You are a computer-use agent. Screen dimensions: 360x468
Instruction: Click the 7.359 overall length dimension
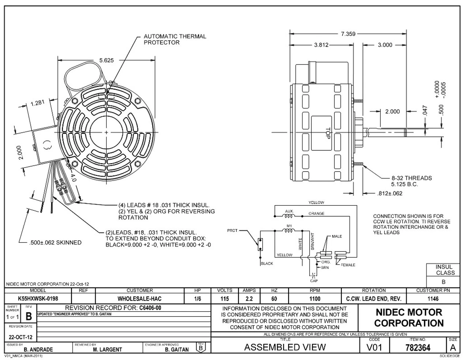coord(348,34)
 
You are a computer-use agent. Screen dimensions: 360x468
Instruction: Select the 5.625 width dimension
coord(106,61)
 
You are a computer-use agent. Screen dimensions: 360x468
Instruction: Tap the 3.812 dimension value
coord(321,45)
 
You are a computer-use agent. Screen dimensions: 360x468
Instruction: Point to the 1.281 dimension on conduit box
coord(37,103)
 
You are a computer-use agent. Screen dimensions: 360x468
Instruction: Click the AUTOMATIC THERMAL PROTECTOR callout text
coord(175,40)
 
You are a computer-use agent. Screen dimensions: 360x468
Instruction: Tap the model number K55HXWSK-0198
coord(38,299)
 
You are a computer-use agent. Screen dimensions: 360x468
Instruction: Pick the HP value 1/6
coord(198,299)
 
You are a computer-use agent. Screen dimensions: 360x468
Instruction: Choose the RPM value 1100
coord(314,299)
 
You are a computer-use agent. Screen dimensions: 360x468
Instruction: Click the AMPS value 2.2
coord(249,299)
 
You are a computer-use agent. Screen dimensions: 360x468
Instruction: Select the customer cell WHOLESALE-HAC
coord(139,299)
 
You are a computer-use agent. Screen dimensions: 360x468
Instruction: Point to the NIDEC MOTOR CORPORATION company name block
coord(409,318)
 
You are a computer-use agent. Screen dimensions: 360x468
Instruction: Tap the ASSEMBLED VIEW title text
coord(285,347)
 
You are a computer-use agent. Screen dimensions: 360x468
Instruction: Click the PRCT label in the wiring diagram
coord(232,230)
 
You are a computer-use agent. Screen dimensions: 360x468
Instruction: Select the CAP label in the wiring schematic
coord(314,281)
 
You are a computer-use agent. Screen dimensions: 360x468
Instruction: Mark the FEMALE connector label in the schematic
coord(348,265)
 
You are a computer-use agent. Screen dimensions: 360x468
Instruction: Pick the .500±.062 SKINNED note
coord(55,243)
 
